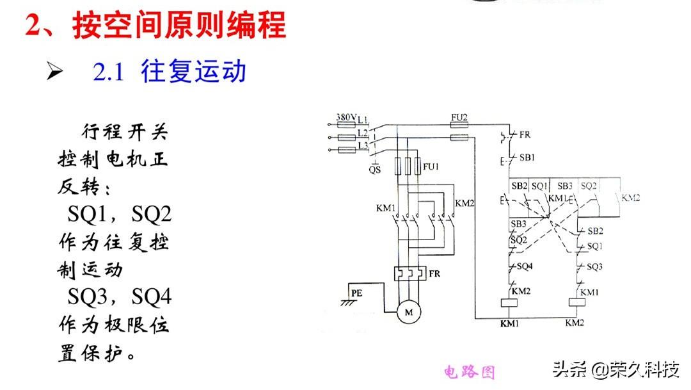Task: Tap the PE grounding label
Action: (x=356, y=293)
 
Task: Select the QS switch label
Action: (x=375, y=170)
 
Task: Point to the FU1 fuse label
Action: (x=431, y=167)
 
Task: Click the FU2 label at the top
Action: (x=459, y=118)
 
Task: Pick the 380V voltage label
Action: (x=345, y=118)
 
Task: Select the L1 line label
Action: (x=363, y=120)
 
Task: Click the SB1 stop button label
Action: (x=527, y=158)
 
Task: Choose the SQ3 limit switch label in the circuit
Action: (x=594, y=265)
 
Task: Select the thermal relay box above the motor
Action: (x=408, y=273)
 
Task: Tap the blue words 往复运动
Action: (x=194, y=71)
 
